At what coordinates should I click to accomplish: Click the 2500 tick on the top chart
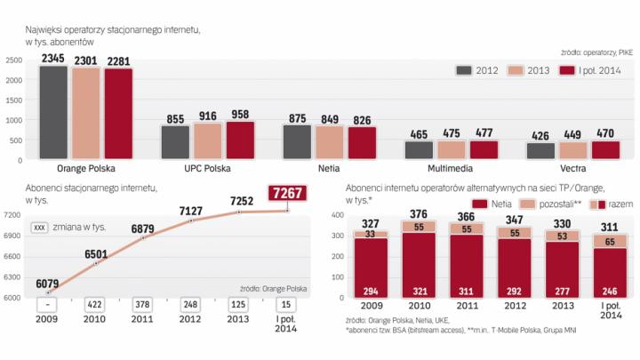click(14, 60)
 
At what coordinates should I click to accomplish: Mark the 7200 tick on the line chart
click(12, 215)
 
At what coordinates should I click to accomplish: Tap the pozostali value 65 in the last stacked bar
click(611, 240)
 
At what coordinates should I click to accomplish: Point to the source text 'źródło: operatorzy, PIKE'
click(596, 52)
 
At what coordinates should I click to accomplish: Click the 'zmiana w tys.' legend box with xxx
click(40, 228)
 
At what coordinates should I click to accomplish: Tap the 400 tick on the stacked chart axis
click(336, 215)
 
